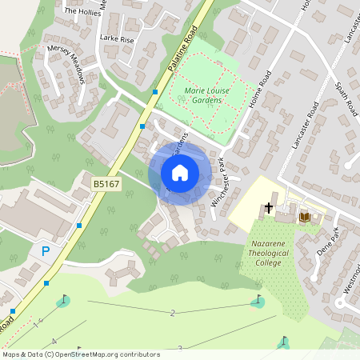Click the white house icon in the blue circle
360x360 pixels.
pyautogui.click(x=180, y=173)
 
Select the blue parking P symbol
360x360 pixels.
pyautogui.click(x=46, y=251)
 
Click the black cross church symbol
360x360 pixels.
pyautogui.click(x=269, y=209)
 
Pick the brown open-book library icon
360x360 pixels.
pyautogui.click(x=304, y=216)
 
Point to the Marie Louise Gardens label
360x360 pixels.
pyautogui.click(x=206, y=97)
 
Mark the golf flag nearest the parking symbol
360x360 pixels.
pyautogui.click(x=62, y=302)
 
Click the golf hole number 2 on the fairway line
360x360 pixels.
pyautogui.click(x=172, y=312)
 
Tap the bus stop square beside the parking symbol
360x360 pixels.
pyautogui.click(x=47, y=283)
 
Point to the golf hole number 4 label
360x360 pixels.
pyautogui.click(x=54, y=342)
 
